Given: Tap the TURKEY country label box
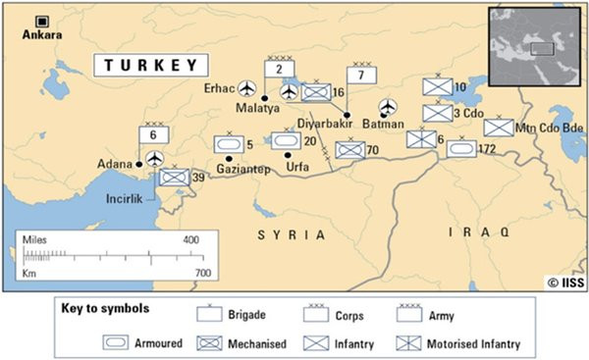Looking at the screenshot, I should pos(152,66).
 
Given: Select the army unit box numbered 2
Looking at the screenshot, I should pos(279,68).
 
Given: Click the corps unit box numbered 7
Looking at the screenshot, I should pos(361,75).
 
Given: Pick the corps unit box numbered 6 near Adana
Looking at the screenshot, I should pos(154,134).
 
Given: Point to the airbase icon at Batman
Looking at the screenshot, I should pos(388,105).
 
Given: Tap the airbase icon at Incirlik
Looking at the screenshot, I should pos(155,157).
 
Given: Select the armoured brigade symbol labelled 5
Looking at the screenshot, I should pos(228,144).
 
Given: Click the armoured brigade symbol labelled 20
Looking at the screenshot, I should pos(285,141).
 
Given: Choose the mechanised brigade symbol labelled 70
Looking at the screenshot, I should pos(349,150).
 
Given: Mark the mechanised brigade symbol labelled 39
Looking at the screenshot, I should pos(174,177).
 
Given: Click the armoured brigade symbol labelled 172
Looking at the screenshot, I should pos(461,148).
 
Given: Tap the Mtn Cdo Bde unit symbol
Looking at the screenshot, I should pos(498,128).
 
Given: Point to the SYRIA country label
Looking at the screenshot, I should pos(292,234).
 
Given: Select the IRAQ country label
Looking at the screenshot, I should pos(478,232).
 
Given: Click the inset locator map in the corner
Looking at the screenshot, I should pos(535,45).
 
